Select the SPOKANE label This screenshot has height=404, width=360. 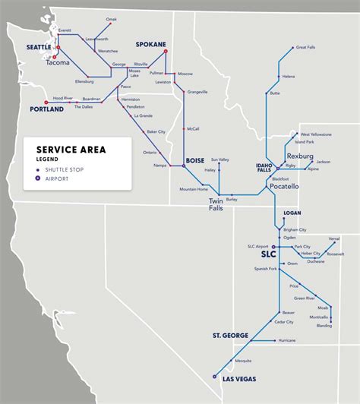(150, 45)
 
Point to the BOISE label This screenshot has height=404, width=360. (195, 160)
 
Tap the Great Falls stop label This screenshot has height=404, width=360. (306, 47)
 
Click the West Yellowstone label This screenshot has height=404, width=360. (314, 134)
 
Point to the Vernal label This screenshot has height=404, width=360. (333, 238)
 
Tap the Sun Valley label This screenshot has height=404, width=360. (219, 160)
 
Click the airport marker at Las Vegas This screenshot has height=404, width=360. (215, 376)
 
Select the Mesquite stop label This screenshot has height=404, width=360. (243, 360)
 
